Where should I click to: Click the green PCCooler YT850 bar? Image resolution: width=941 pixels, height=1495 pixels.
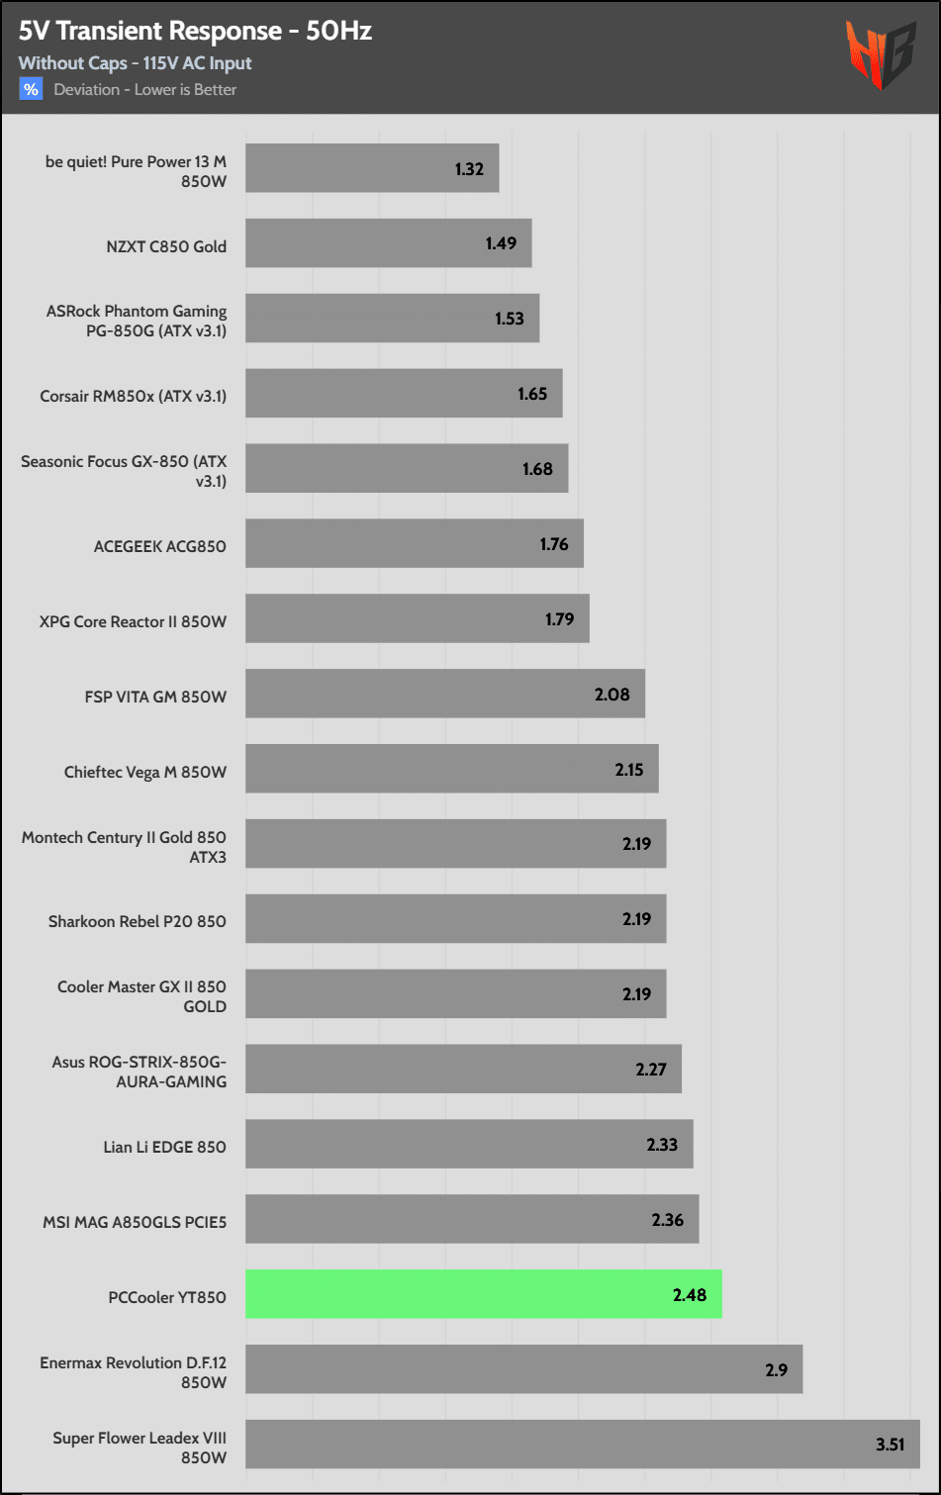pos(483,1294)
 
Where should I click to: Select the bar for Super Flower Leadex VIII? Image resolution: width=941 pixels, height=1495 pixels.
pos(582,1445)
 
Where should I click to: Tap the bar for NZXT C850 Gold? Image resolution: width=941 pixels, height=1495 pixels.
pos(388,243)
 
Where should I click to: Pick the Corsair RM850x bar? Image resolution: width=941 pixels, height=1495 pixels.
pos(404,394)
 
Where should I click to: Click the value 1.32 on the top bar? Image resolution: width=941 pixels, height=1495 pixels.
pos(469,169)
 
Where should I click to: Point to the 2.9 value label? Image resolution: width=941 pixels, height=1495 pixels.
pos(776,1370)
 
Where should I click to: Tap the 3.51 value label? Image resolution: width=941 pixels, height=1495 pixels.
pos(890,1445)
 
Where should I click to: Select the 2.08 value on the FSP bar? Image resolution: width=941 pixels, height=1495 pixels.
pos(612,695)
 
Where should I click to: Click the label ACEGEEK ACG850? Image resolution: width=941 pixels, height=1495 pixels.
pos(159,546)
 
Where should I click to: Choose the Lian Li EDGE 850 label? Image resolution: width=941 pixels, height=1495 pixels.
pos(164,1147)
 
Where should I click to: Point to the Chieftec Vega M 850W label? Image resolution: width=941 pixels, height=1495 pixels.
pos(145,772)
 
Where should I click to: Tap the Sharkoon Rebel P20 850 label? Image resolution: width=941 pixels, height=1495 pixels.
pos(138,921)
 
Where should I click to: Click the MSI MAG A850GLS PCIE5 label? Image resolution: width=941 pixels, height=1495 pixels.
pos(135,1222)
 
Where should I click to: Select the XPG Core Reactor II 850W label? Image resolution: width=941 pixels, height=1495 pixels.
pos(133,621)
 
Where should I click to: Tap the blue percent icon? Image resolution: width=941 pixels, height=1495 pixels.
pos(31,89)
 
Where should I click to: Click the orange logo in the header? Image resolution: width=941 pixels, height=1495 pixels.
pos(880,55)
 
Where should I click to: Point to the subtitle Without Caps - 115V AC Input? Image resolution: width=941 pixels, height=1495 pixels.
pos(135,63)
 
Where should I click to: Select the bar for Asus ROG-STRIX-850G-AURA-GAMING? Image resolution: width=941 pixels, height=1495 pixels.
pos(463,1069)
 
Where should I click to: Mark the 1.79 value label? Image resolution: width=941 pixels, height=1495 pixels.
pos(559,619)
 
